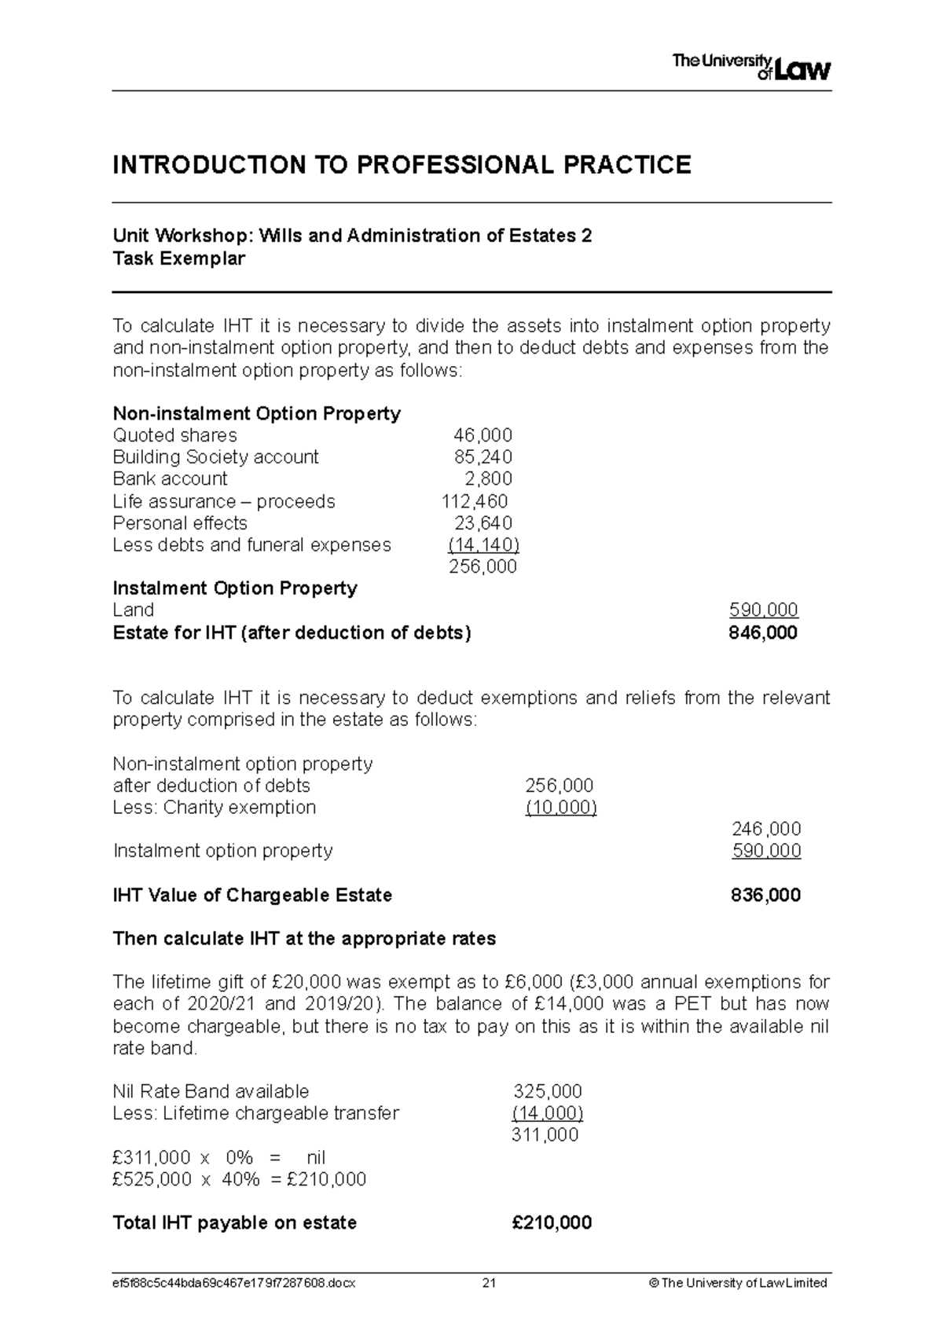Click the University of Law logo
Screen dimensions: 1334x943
(x=750, y=67)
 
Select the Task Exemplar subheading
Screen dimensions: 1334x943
(x=179, y=258)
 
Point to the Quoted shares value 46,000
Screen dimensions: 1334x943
(x=483, y=435)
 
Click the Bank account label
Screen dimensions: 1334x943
(x=170, y=479)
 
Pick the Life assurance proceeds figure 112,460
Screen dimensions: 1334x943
(x=475, y=501)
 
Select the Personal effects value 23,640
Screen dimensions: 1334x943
(x=483, y=523)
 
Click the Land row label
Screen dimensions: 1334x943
(x=134, y=610)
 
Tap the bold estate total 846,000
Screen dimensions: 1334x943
(x=763, y=633)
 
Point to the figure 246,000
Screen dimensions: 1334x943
(x=766, y=830)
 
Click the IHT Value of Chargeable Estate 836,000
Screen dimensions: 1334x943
(x=765, y=896)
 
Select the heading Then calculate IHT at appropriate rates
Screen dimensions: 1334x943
(x=304, y=939)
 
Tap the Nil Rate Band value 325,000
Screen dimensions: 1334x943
(x=548, y=1091)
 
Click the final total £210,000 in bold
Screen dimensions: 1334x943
(x=552, y=1223)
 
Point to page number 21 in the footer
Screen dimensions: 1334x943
(x=489, y=1283)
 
